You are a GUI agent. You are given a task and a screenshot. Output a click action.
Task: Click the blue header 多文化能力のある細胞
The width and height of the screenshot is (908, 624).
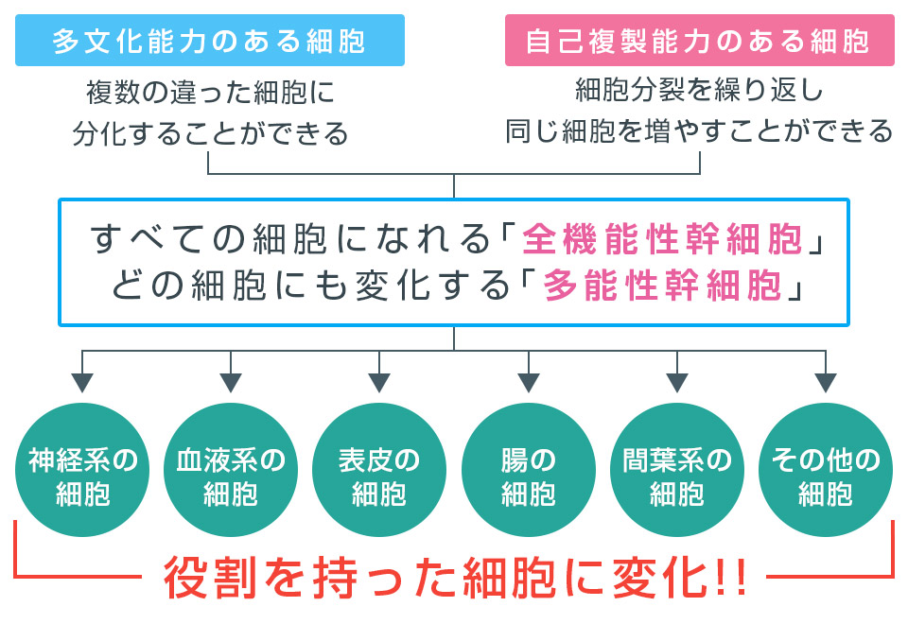point(209,41)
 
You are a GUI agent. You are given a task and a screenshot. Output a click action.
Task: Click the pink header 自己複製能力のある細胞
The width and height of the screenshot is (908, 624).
point(699,41)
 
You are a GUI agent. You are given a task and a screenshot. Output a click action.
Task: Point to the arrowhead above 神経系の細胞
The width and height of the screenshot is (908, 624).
point(83,383)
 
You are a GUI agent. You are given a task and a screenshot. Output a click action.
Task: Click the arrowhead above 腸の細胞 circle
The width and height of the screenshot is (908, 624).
point(528,383)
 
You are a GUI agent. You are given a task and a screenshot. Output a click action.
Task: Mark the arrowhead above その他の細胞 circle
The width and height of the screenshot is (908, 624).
point(826,383)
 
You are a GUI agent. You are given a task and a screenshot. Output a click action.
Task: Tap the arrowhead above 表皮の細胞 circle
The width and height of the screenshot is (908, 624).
point(379,383)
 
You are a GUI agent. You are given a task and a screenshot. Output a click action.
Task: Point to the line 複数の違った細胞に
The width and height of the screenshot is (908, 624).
point(210,94)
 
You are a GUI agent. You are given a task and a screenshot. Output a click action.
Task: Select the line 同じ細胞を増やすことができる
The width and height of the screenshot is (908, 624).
point(699,130)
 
